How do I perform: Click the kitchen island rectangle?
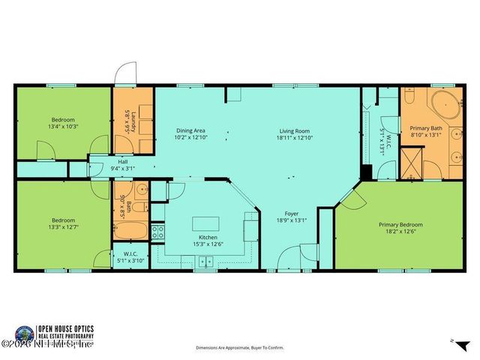tap(206, 223)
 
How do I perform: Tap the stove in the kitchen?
tap(158, 232)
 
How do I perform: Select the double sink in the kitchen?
tap(205, 262)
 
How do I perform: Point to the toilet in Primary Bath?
tap(410, 97)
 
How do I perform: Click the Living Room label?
tap(293, 130)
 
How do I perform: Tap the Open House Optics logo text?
tap(79, 330)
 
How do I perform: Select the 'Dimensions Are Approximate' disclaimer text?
tap(239, 348)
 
